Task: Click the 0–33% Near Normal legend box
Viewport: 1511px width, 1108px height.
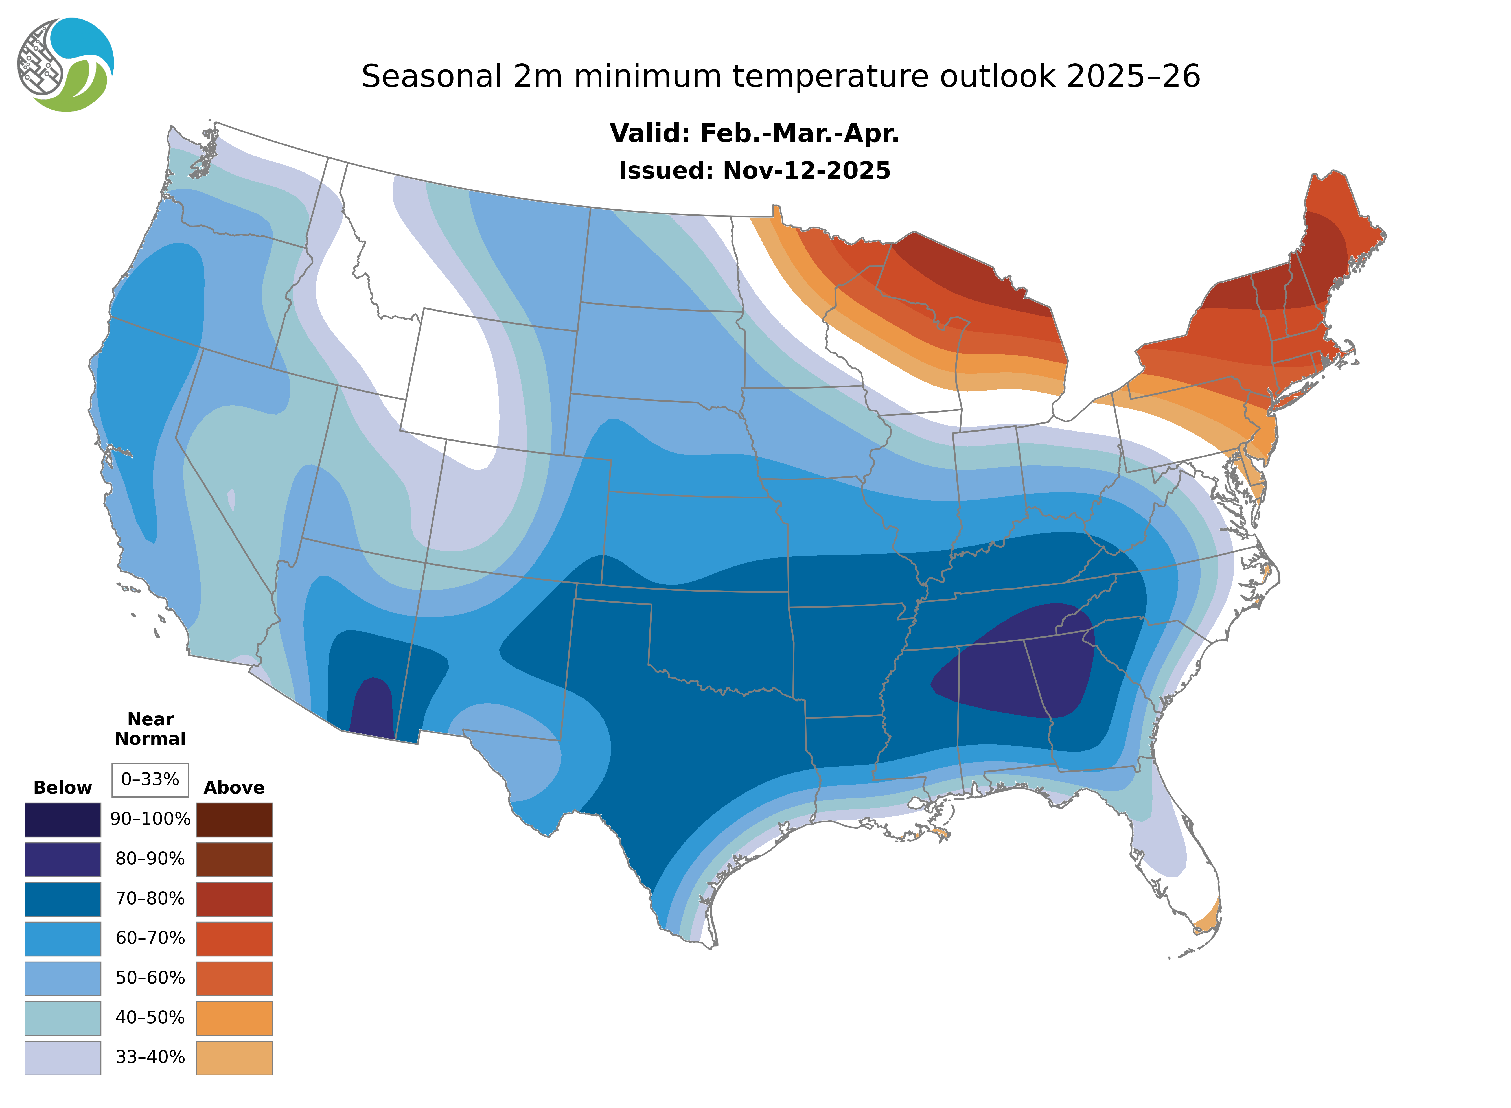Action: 150,779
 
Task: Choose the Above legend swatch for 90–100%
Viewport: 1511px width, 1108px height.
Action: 234,820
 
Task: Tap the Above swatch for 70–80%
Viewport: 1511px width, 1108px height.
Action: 234,899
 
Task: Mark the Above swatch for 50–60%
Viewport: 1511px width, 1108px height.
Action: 234,978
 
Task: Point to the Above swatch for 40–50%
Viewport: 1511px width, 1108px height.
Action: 234,1017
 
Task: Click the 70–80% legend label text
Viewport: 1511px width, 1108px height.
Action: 150,899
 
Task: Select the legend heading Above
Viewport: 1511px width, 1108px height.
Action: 234,787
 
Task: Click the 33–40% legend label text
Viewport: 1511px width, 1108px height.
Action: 150,1057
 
